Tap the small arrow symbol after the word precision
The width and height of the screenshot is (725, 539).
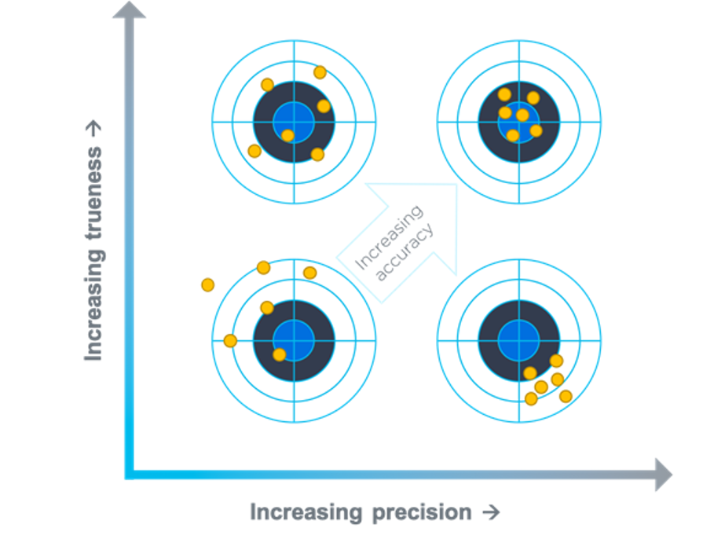(490, 512)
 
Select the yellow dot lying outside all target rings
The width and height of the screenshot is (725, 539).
(207, 284)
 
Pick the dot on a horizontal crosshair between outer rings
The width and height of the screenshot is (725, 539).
(230, 340)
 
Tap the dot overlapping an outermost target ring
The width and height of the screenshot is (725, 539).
(263, 268)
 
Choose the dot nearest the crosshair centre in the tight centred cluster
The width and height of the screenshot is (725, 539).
(522, 115)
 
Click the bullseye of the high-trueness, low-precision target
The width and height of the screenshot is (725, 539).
(294, 122)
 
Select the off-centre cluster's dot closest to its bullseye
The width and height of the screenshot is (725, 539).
(530, 372)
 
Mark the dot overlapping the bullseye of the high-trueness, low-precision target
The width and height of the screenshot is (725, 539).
(287, 135)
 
